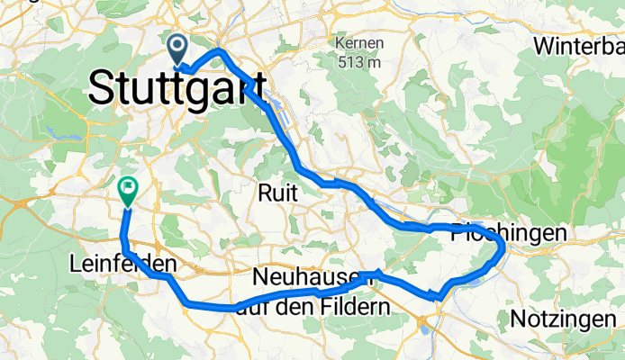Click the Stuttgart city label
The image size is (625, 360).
point(177,89)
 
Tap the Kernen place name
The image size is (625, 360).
point(358,43)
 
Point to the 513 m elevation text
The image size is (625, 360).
point(358,62)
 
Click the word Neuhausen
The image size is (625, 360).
point(312,274)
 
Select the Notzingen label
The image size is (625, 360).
point(566,319)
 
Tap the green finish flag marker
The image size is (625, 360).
point(127,190)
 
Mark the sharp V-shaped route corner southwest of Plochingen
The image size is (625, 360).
point(436,294)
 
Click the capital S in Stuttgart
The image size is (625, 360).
point(102,89)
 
